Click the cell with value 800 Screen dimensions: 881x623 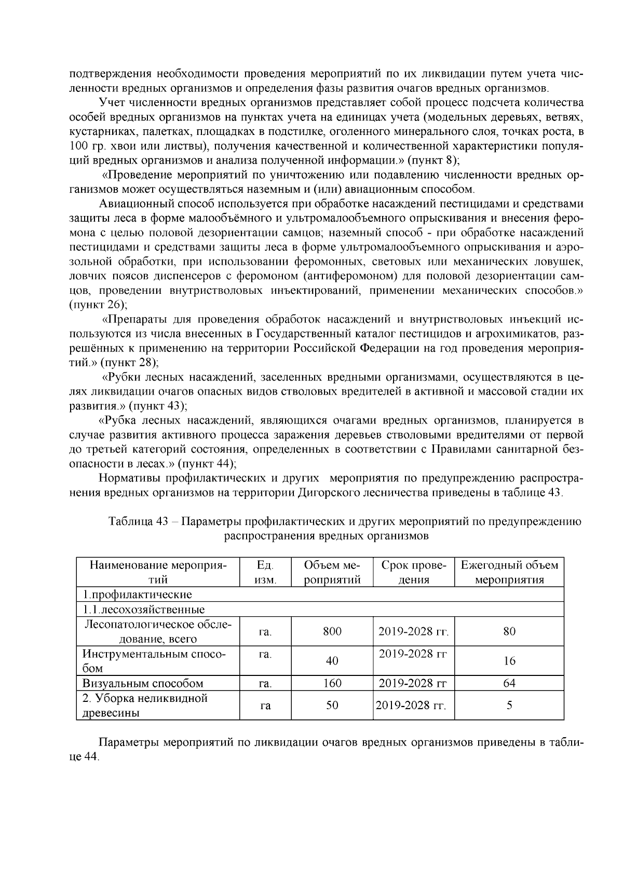pyautogui.click(x=332, y=631)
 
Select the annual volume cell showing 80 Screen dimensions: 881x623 pyautogui.click(x=509, y=631)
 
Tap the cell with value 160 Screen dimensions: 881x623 pyautogui.click(x=332, y=683)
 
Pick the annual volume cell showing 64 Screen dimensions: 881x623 pyautogui.click(x=509, y=683)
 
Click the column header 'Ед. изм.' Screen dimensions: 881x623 pyautogui.click(x=265, y=573)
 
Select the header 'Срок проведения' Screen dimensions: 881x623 pyautogui.click(x=413, y=573)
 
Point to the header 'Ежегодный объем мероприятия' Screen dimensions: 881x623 pyautogui.click(x=509, y=573)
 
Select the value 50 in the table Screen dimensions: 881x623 pyautogui.click(x=332, y=705)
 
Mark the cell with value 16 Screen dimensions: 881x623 pyautogui.click(x=509, y=661)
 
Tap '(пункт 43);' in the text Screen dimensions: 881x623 pyautogui.click(x=158, y=405)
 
